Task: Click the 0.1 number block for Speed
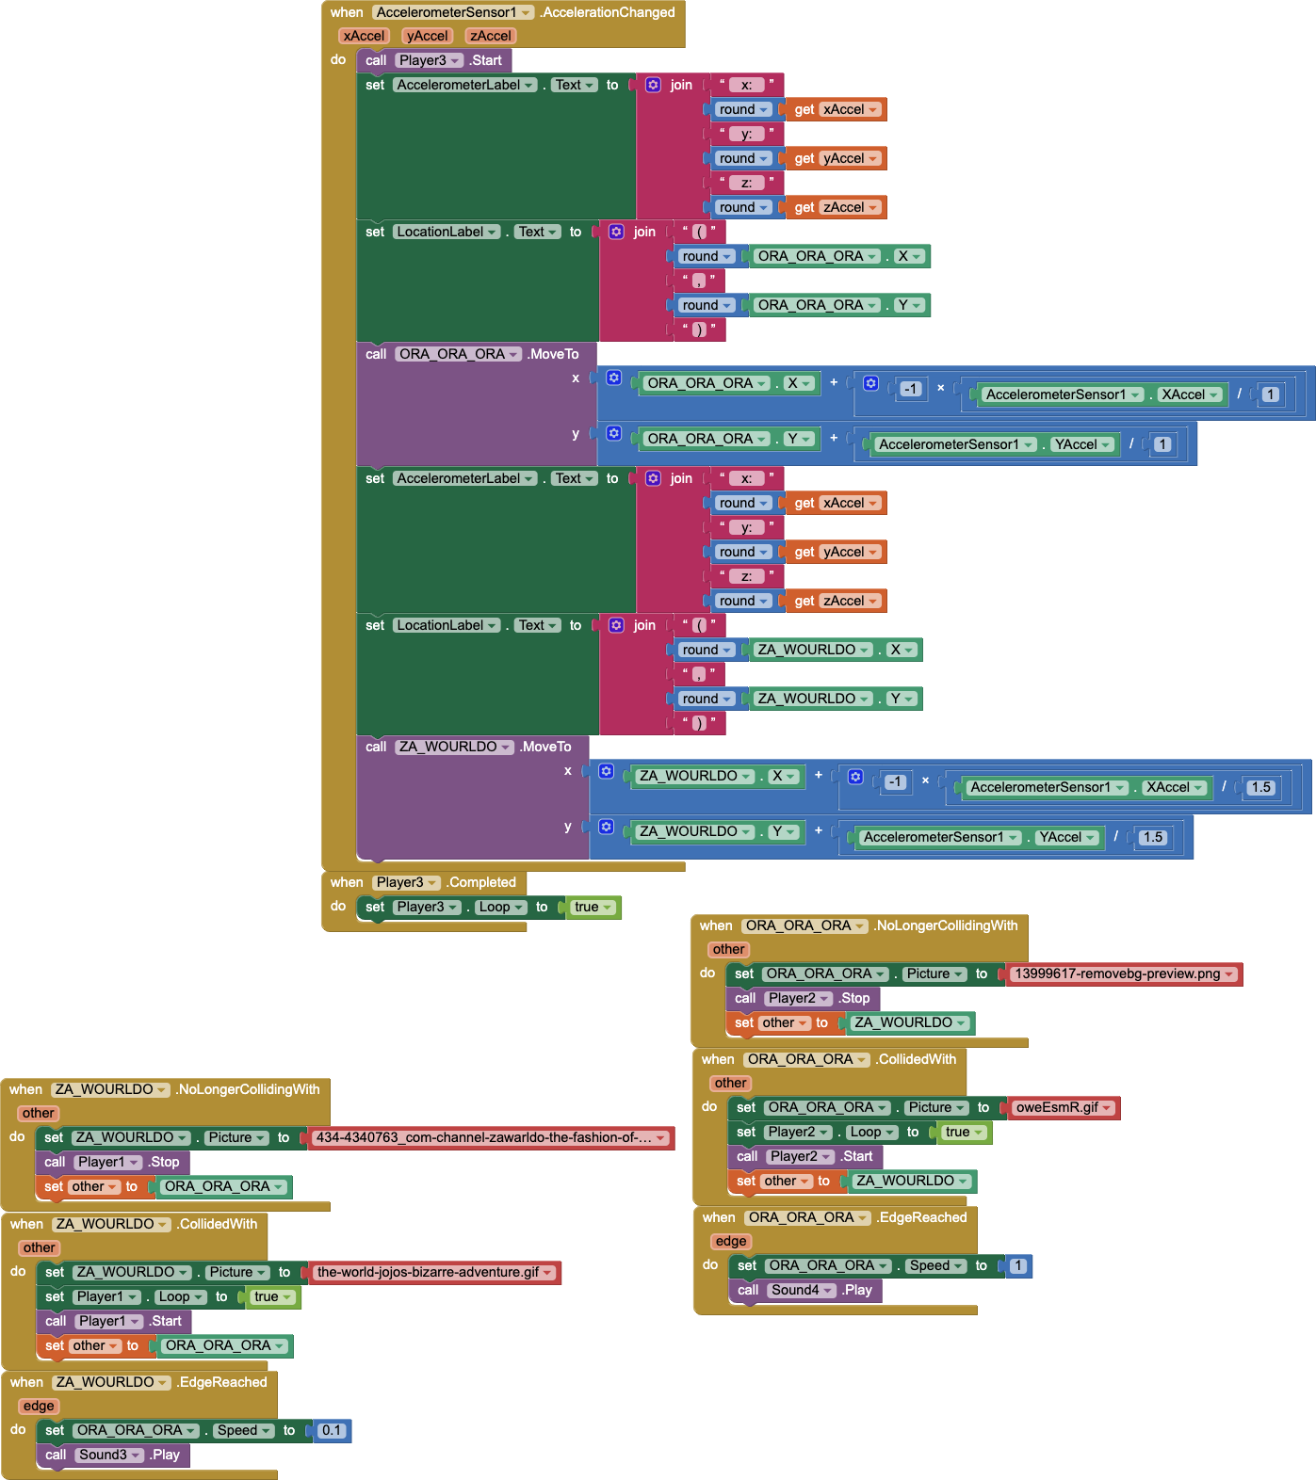(331, 1430)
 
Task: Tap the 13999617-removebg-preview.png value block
(1124, 973)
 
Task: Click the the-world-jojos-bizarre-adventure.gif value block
(434, 1272)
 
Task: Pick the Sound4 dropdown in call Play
(802, 1290)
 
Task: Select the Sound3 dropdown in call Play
(109, 1455)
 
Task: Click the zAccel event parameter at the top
(491, 36)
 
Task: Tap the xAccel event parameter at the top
(364, 36)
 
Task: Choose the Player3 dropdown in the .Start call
(429, 60)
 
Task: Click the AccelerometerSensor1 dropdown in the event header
(453, 12)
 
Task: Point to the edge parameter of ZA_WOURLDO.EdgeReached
(39, 1406)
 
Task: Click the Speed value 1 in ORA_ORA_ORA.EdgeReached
(1017, 1265)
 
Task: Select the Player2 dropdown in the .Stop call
(798, 998)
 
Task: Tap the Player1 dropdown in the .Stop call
(107, 1162)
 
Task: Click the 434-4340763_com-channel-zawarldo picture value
(491, 1137)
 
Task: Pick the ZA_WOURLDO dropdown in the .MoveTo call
(454, 747)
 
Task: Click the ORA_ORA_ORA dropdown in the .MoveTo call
(458, 354)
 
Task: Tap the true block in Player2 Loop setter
(964, 1132)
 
